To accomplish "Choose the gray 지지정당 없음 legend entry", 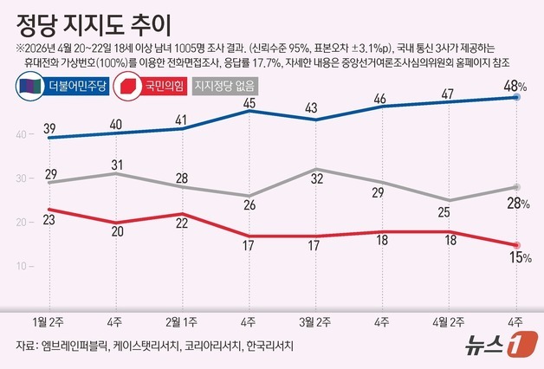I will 231,86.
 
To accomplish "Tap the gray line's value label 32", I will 317,156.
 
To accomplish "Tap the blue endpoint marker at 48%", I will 517,98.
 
